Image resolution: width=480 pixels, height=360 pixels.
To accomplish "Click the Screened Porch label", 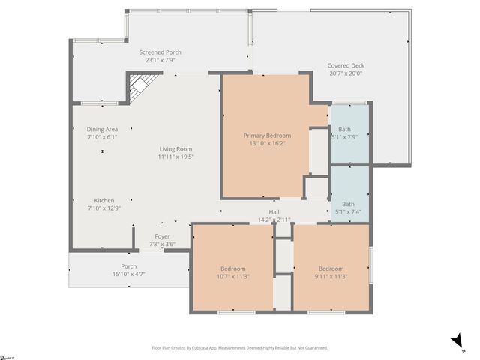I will (x=160, y=52).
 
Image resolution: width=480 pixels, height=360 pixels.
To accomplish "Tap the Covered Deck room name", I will (x=345, y=65).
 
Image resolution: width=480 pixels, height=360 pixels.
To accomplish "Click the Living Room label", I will (x=175, y=149).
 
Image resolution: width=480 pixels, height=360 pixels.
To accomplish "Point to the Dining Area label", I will (x=102, y=129).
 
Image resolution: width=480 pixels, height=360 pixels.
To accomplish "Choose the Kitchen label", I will (x=104, y=200).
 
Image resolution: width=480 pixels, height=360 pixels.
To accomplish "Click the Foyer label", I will (x=162, y=236).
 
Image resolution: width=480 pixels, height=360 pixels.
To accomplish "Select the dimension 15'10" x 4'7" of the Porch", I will (x=129, y=274).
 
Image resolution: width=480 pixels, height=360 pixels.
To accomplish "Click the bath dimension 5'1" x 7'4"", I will (x=348, y=212).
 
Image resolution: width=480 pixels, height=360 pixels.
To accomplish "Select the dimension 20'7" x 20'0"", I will (x=345, y=73).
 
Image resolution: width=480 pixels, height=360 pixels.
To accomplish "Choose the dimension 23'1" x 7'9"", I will (x=160, y=60).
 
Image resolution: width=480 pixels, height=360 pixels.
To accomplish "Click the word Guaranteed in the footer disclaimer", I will (x=313, y=348).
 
